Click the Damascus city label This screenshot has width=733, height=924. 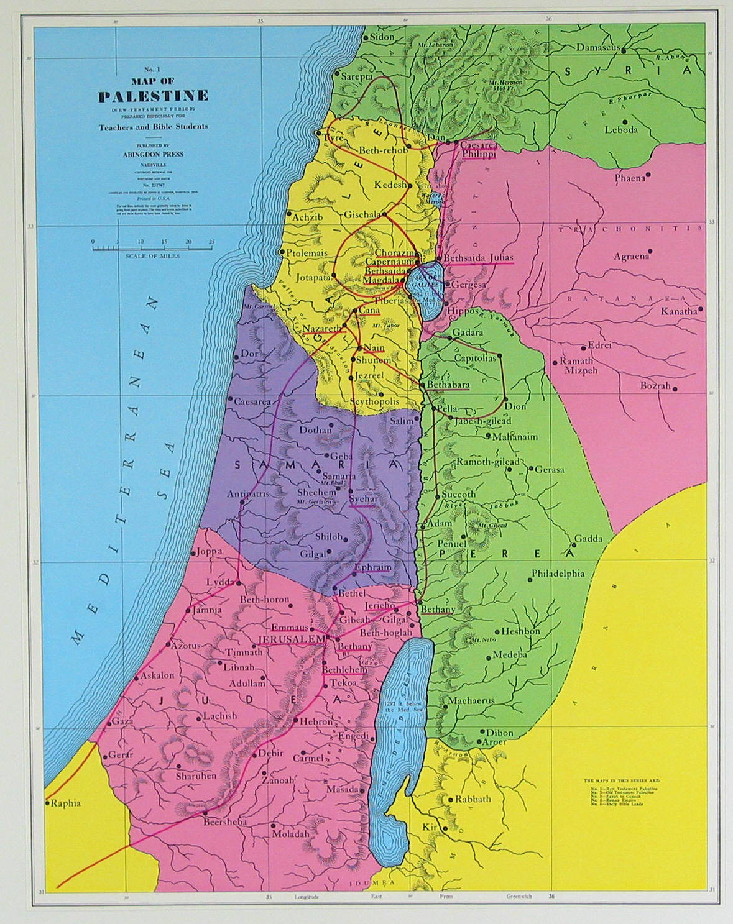point(597,47)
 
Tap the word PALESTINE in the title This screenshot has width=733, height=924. point(153,96)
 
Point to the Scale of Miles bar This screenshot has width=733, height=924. point(153,249)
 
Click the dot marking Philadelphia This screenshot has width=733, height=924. point(530,580)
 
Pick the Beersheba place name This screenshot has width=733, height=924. point(225,821)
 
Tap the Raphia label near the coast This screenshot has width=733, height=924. point(66,803)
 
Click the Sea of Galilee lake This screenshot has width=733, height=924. point(425,283)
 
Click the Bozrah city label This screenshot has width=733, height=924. point(656,386)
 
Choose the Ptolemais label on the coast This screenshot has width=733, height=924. point(307,253)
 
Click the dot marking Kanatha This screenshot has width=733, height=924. point(701,308)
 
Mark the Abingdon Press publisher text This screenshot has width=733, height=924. point(152,154)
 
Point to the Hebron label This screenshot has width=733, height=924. point(316,722)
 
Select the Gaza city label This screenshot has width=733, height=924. point(122,721)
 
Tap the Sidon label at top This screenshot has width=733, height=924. point(382,37)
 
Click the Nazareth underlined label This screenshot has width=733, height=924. point(321,327)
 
